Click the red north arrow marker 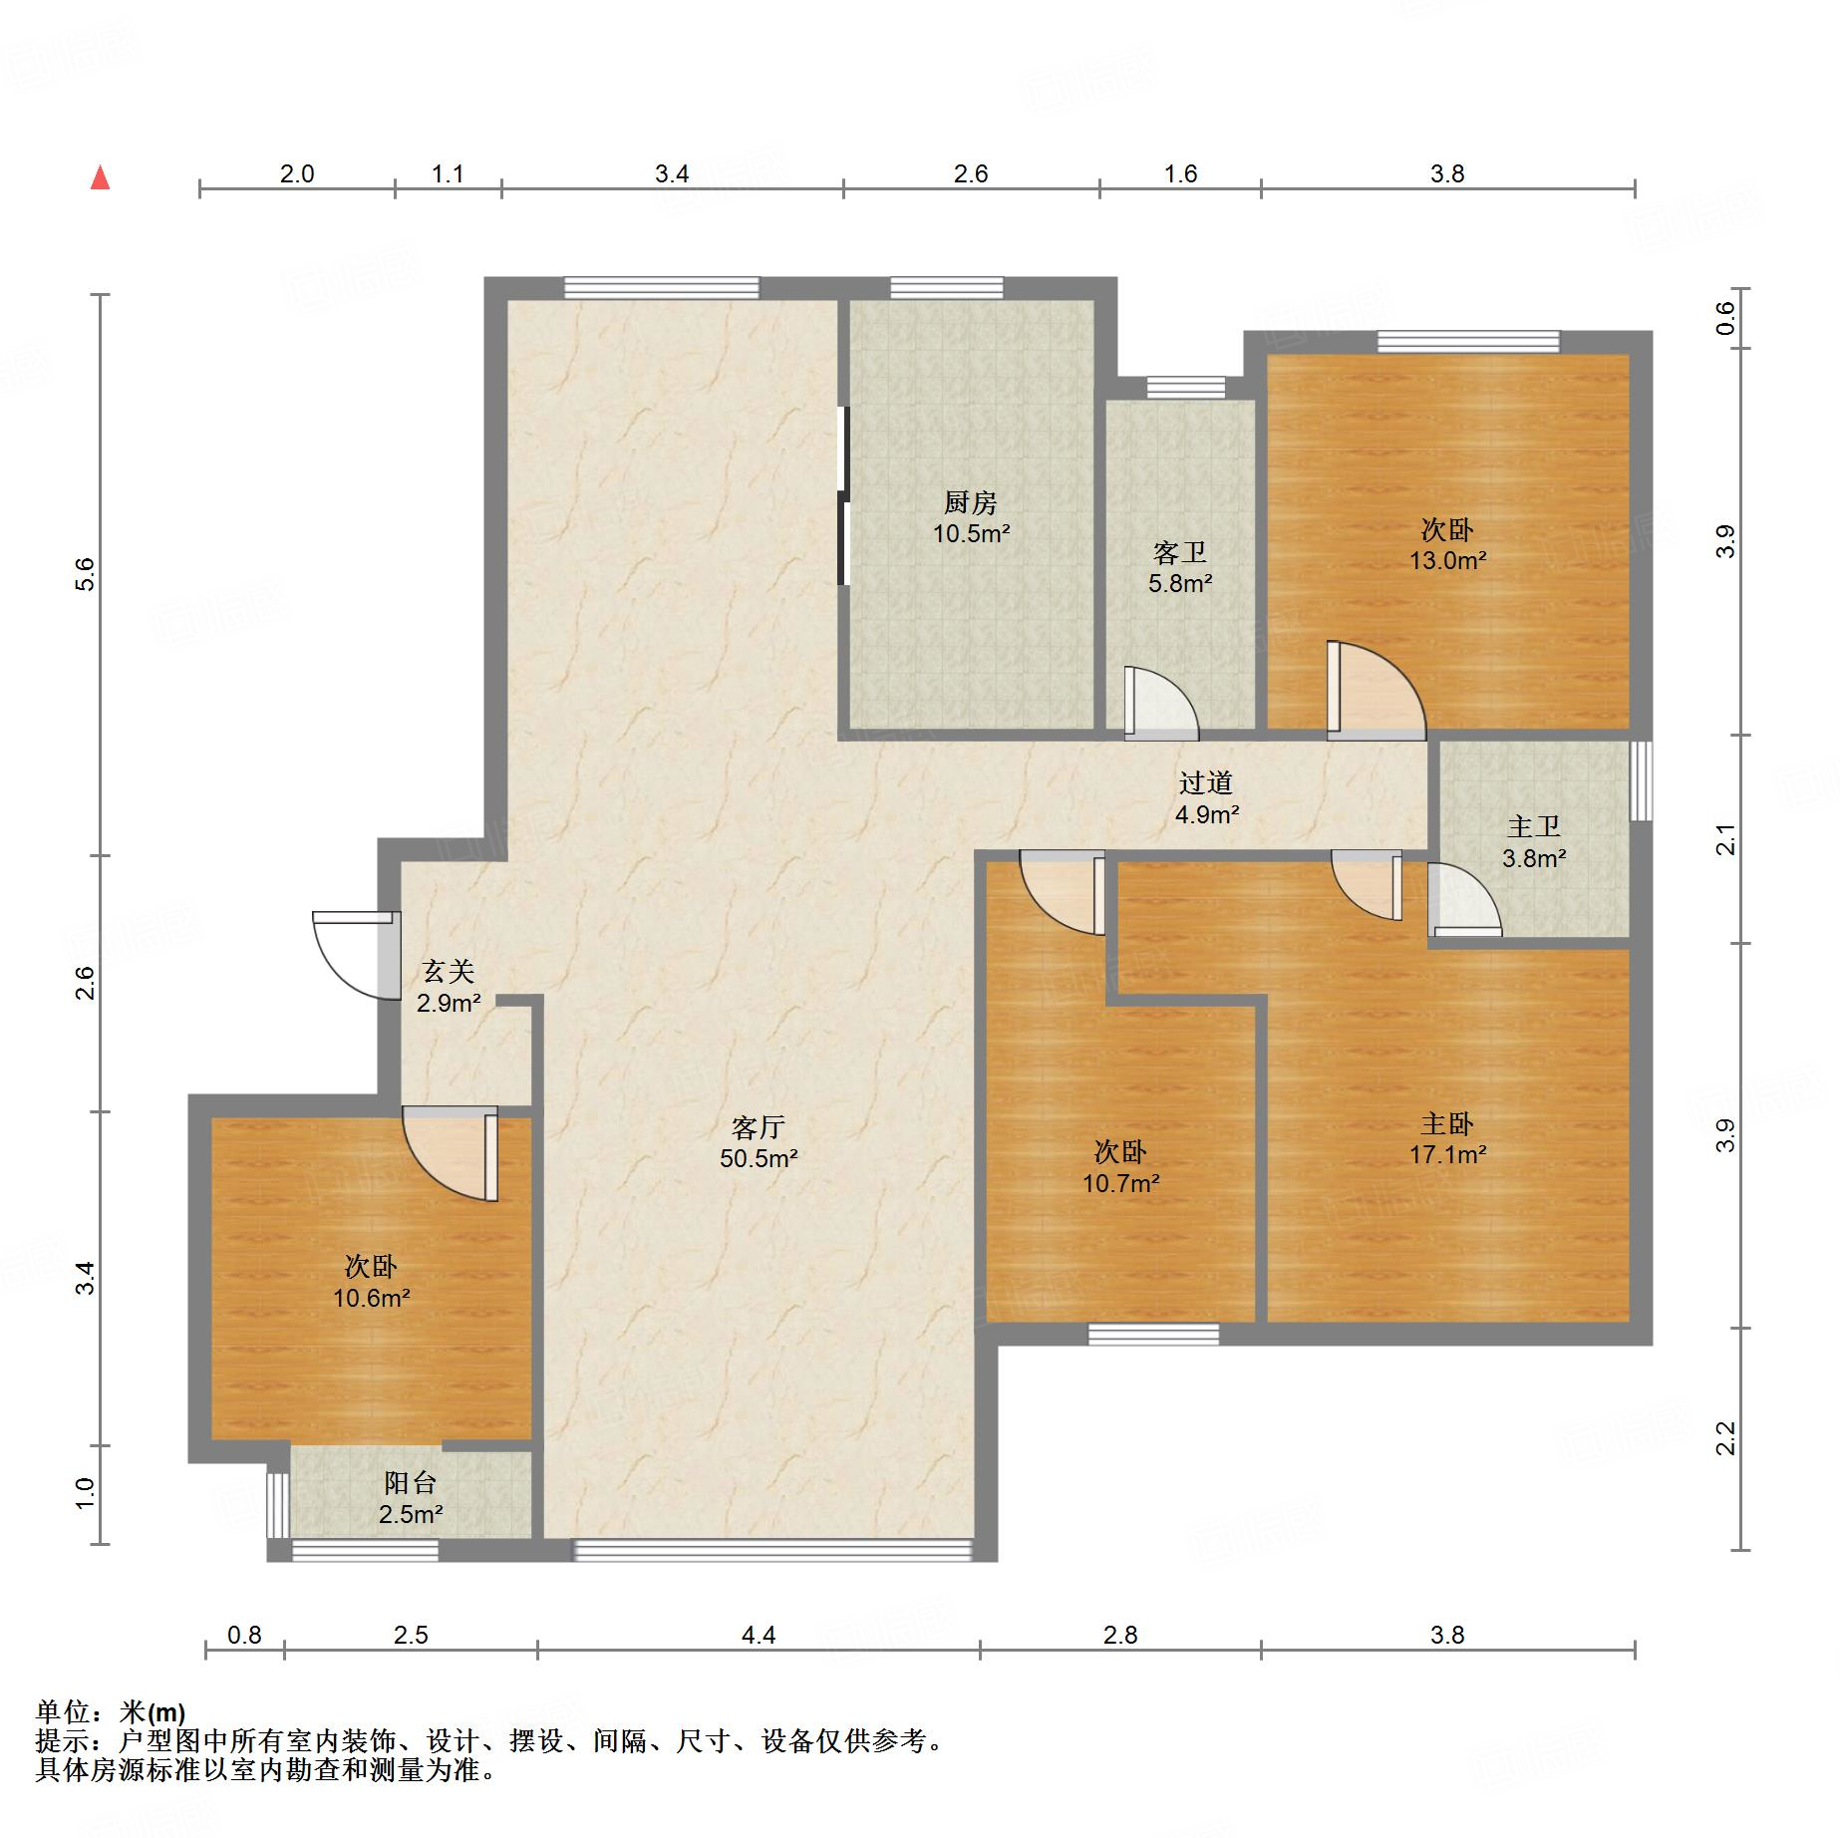[100, 178]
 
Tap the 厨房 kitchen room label [971, 502]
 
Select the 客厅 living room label [759, 1127]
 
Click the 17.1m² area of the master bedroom [1447, 1154]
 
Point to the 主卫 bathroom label [1533, 826]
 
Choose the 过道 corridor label [1206, 782]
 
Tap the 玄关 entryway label [448, 971]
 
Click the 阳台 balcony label [411, 1482]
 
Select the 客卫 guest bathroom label [1180, 552]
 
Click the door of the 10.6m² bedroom [450, 1153]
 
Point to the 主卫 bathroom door [1464, 899]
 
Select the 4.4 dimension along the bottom [759, 1635]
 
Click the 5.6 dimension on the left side [86, 574]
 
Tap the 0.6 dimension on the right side [1725, 318]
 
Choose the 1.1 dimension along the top [448, 174]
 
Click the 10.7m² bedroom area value [1121, 1183]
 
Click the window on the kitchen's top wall [947, 288]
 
